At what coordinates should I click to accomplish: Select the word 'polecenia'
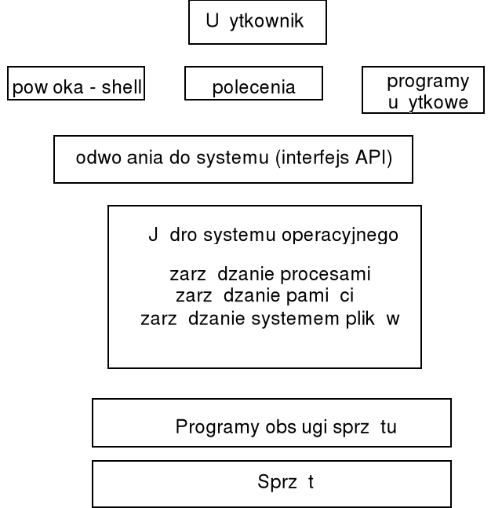point(253,87)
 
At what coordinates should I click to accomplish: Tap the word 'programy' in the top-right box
point(427,81)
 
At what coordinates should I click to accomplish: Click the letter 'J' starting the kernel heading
point(153,236)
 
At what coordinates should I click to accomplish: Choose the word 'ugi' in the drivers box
point(307,429)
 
